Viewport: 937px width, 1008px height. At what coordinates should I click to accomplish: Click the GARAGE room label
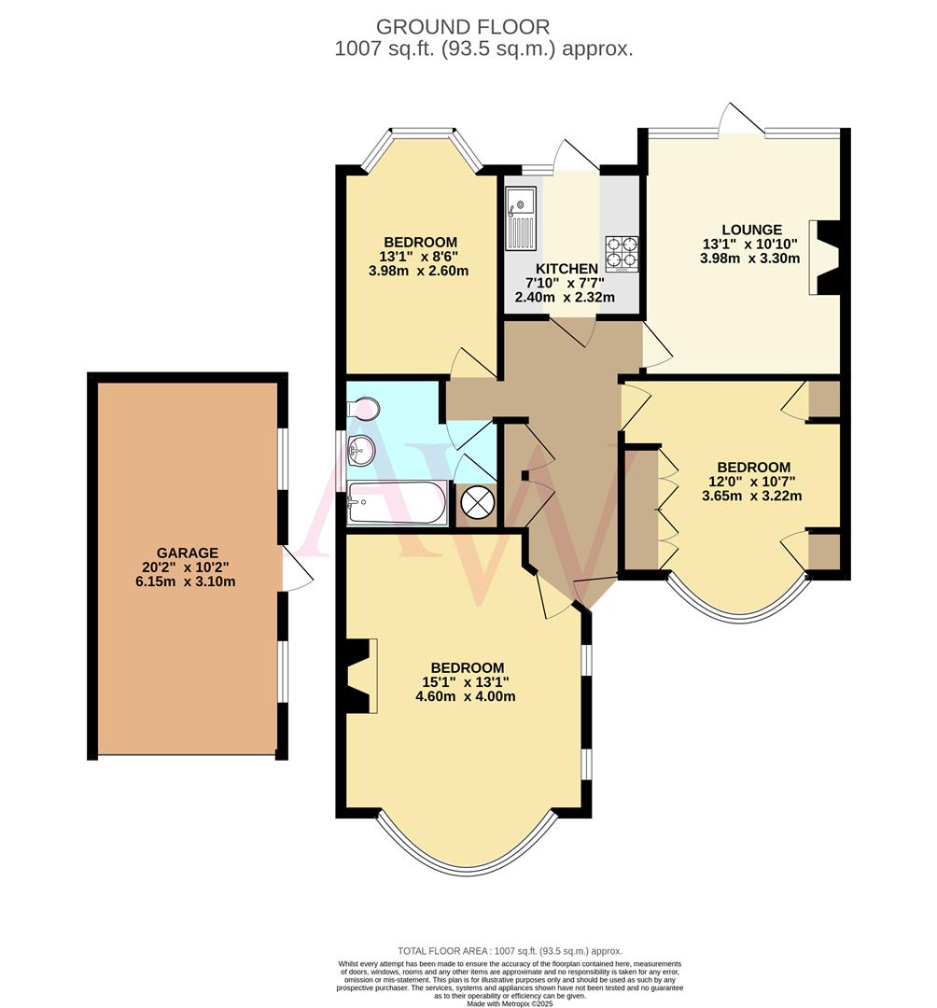pos(188,553)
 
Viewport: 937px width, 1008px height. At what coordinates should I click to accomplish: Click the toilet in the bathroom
pos(364,409)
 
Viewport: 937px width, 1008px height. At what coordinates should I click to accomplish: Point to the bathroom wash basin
pos(360,451)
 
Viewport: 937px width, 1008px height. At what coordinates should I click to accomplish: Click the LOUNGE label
pos(750,230)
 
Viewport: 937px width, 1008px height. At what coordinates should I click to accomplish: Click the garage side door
pos(297,567)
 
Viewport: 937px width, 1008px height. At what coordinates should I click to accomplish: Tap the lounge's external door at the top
pos(742,119)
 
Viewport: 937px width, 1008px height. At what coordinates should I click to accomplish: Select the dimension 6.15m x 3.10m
pos(188,581)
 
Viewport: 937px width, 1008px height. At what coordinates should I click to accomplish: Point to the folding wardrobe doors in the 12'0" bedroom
pos(666,510)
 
